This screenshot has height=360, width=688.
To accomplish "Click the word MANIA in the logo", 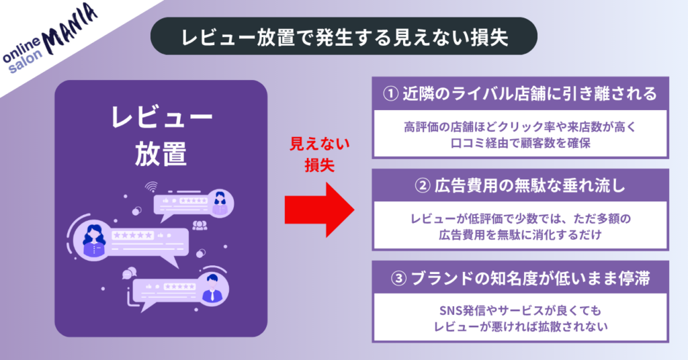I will click(x=69, y=26).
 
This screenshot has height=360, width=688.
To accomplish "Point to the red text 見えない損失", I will click(x=310, y=154).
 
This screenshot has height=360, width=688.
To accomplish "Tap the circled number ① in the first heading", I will click(x=391, y=93).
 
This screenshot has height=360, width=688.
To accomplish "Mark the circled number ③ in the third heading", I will click(x=391, y=277).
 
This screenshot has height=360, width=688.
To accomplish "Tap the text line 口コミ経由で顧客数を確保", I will click(x=520, y=142).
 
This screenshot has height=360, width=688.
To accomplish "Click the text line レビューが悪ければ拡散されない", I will click(x=520, y=327).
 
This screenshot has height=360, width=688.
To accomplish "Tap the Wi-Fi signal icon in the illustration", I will click(x=151, y=187).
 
